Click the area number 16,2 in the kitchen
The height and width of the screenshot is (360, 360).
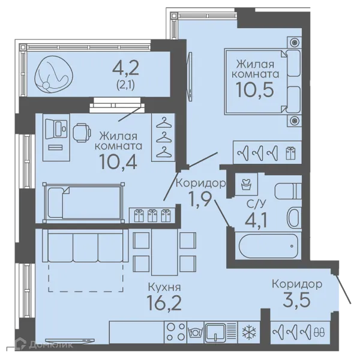coord(164,303)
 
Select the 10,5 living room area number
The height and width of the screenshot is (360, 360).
coord(255,90)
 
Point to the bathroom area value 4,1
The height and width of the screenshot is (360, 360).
coord(256,220)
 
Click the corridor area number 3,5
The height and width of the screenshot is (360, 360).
coord(296,299)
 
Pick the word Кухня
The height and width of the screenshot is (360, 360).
coord(164,287)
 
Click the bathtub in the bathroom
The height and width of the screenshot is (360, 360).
coord(268,246)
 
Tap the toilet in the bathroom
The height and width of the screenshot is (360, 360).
coord(288,191)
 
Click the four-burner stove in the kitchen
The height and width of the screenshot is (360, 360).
coord(176,332)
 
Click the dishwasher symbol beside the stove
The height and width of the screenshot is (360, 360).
coord(196,332)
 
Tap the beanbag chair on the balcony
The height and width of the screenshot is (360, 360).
coord(54,73)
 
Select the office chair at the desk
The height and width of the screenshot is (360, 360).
coord(82,133)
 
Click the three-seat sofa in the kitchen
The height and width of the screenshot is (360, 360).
coord(85,245)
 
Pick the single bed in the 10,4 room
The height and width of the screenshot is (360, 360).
coord(84,203)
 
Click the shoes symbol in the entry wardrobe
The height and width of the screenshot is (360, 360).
coord(319,332)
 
